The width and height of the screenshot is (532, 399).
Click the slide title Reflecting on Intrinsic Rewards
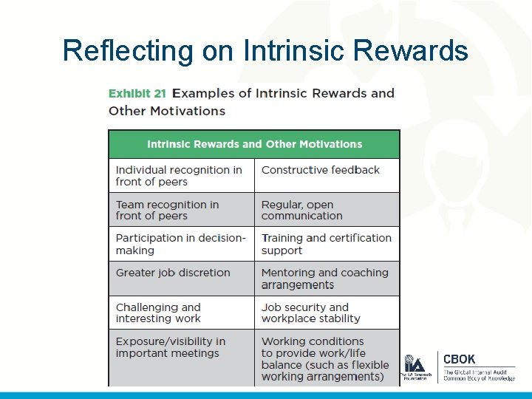coord(265,50)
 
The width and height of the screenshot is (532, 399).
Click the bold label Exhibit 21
coord(137,93)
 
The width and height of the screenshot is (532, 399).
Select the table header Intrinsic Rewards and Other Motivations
coord(254,144)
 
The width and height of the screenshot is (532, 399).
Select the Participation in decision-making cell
coord(180,244)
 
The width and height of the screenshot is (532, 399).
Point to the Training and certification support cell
coord(326,244)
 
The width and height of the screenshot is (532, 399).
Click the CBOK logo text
coord(460,359)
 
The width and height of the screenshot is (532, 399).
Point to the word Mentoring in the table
coord(289,273)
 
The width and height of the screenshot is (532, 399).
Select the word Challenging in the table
coord(147,307)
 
